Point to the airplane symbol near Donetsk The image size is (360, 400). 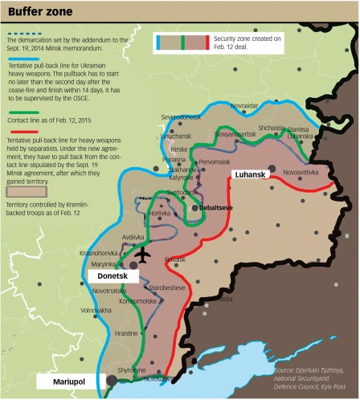(x=143, y=255)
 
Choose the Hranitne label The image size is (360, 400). (x=126, y=333)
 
